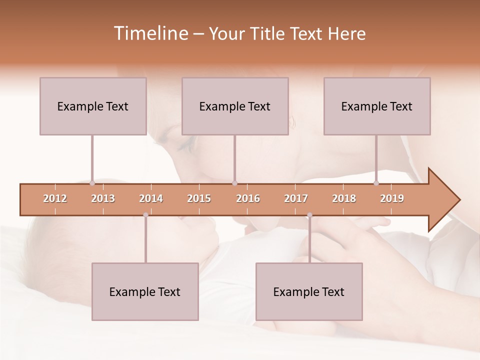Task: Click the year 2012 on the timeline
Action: coord(55,198)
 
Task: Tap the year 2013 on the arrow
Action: coord(103,198)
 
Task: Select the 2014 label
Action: coord(151,198)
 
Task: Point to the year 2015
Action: coord(199,198)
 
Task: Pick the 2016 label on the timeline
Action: coord(248,198)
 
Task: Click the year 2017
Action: coord(296,198)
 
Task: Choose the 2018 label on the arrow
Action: coord(344,198)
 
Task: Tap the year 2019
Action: coord(392,198)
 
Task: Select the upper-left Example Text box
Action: coord(93,106)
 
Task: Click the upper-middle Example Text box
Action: coord(235,106)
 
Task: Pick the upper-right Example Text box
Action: coord(377,106)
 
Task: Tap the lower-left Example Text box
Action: coord(145,292)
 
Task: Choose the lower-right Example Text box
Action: coord(309,292)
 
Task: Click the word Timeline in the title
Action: coord(150,33)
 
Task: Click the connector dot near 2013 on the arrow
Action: coord(92,183)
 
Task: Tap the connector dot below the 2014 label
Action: coord(145,215)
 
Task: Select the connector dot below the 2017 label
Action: coord(309,215)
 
